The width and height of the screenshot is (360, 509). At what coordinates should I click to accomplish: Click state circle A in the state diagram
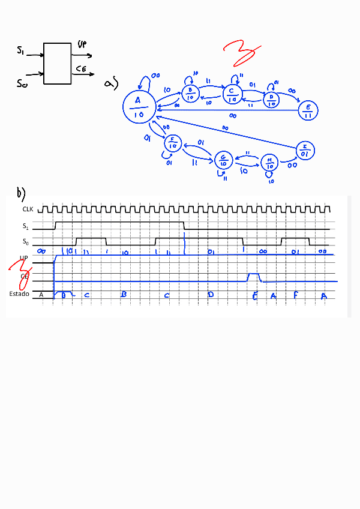click(x=139, y=107)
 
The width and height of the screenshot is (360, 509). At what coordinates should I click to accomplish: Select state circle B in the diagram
click(x=190, y=94)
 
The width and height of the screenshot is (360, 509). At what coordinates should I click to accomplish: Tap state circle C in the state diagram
click(x=232, y=94)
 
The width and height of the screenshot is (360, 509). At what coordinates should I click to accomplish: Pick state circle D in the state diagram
click(x=271, y=99)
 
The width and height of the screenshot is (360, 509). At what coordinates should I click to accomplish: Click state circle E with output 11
click(x=308, y=110)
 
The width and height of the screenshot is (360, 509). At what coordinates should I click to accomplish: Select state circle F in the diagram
click(x=173, y=143)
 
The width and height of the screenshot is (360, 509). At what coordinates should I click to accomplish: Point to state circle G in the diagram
click(x=224, y=160)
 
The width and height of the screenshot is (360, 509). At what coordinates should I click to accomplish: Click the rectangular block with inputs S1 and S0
click(x=58, y=64)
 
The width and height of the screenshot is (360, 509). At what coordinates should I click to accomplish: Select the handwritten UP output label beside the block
click(x=83, y=44)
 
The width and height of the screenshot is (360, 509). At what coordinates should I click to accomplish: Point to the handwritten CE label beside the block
click(x=82, y=70)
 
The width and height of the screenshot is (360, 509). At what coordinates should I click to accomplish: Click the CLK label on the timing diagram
click(x=28, y=210)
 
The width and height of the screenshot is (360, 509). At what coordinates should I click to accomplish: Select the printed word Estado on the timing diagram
click(x=19, y=294)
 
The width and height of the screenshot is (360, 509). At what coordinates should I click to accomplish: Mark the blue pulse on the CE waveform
click(x=254, y=277)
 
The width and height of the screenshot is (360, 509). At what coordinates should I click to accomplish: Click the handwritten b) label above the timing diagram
click(x=22, y=193)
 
